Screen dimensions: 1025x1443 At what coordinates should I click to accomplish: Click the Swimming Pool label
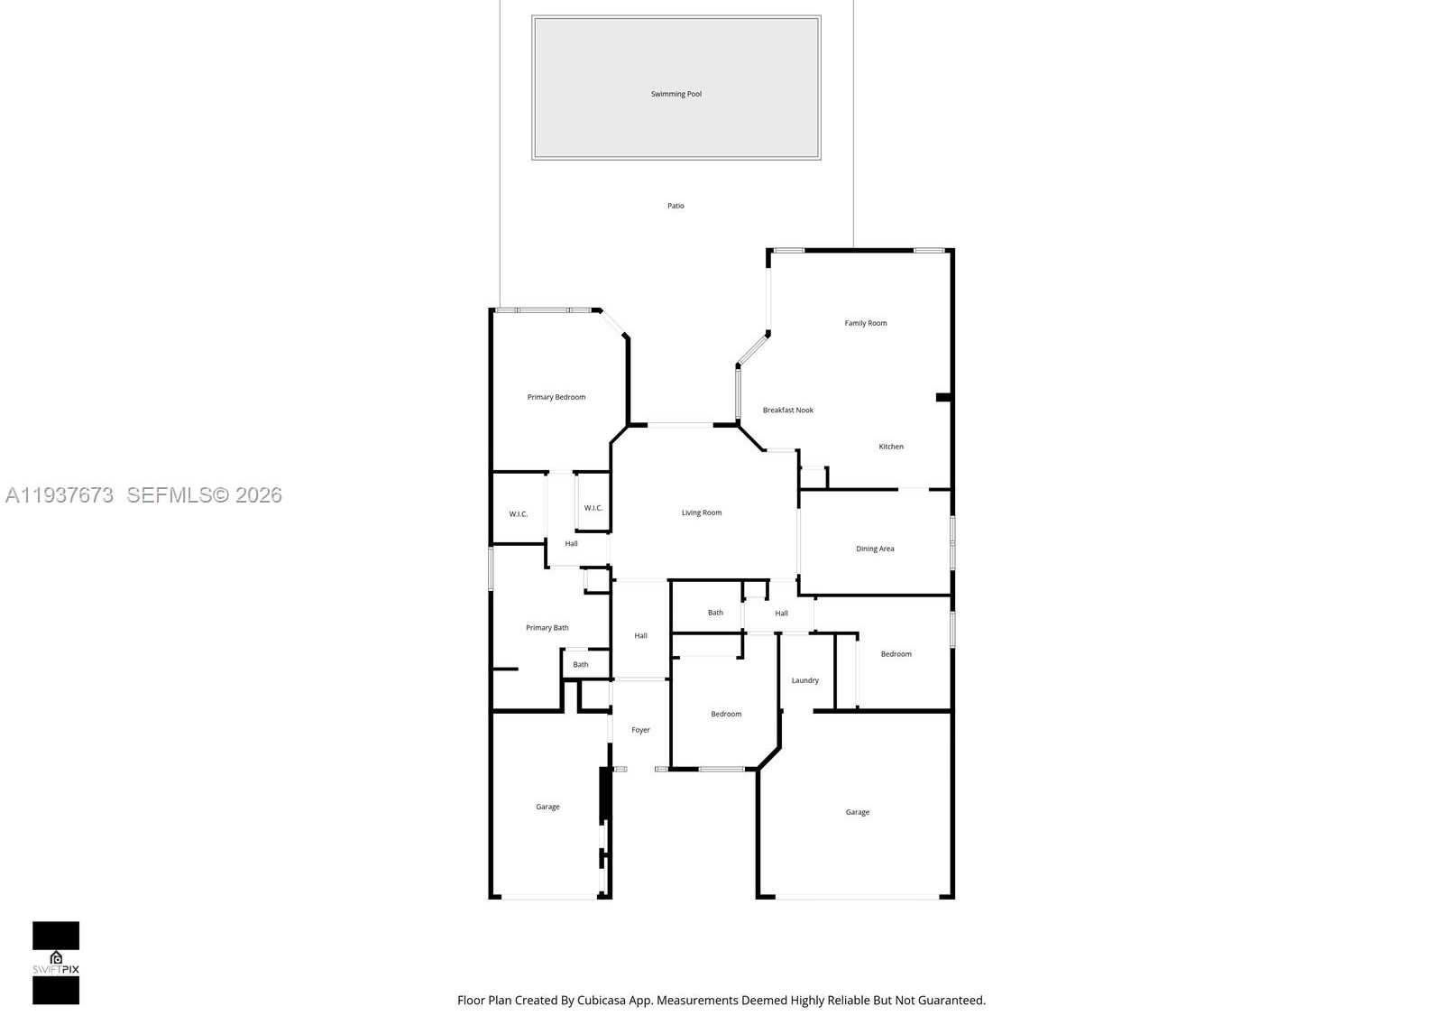tap(676, 94)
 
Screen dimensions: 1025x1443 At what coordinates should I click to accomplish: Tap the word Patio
tap(676, 206)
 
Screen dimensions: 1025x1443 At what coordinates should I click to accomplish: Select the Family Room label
tap(866, 323)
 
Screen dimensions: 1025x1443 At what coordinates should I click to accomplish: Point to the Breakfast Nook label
tap(788, 411)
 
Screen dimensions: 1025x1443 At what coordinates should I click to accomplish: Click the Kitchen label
tap(891, 447)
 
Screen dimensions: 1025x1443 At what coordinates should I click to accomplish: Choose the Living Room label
tap(702, 513)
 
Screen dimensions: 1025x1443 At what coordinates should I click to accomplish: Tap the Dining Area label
tap(875, 549)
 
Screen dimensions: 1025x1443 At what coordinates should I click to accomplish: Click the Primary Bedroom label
tap(556, 397)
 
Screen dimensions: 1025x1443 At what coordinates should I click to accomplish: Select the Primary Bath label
tap(547, 628)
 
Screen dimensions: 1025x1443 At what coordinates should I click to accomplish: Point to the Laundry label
tap(805, 680)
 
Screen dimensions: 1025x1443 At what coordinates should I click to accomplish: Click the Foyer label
tap(640, 730)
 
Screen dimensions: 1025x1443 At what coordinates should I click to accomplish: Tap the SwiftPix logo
tap(56, 963)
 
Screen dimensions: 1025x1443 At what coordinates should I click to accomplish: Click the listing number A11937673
tap(60, 495)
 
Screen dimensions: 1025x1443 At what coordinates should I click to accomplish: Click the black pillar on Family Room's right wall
tap(943, 397)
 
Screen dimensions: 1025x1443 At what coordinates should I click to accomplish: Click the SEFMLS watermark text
tap(204, 495)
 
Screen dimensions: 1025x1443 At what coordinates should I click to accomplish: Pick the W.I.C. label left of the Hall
tap(519, 514)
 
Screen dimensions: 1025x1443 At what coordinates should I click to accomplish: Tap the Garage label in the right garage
tap(858, 812)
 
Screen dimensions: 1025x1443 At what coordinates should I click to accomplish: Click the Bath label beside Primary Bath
tap(581, 665)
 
